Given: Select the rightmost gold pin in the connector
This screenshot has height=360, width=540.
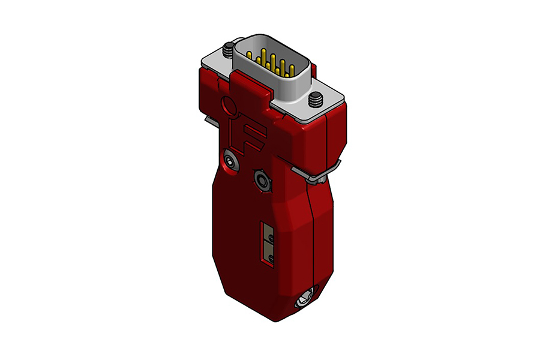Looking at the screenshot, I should (292, 70).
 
